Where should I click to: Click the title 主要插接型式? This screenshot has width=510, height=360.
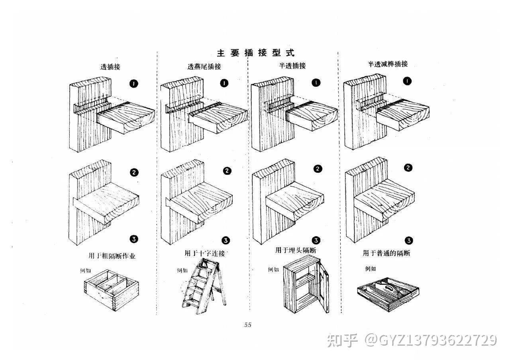coord(255,53)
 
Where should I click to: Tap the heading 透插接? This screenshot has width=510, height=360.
coord(110,67)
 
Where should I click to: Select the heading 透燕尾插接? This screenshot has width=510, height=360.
coord(204,67)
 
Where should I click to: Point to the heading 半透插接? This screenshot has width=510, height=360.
coord(292,66)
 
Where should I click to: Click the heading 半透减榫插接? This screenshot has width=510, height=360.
coord(388,64)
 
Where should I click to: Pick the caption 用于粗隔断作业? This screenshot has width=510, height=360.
coord(112,256)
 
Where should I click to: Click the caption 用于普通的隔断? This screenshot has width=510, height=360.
coord(386,253)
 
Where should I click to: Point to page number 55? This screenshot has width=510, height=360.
coord(248,325)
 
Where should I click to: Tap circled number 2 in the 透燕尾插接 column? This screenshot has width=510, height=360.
coord(227,171)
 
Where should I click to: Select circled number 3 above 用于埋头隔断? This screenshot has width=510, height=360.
coord(316,240)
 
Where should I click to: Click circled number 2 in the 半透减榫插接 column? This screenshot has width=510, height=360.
coord(408,168)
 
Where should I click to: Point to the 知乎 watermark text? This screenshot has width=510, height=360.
coord(341,340)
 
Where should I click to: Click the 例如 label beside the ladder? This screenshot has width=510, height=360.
coord(182,270)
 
